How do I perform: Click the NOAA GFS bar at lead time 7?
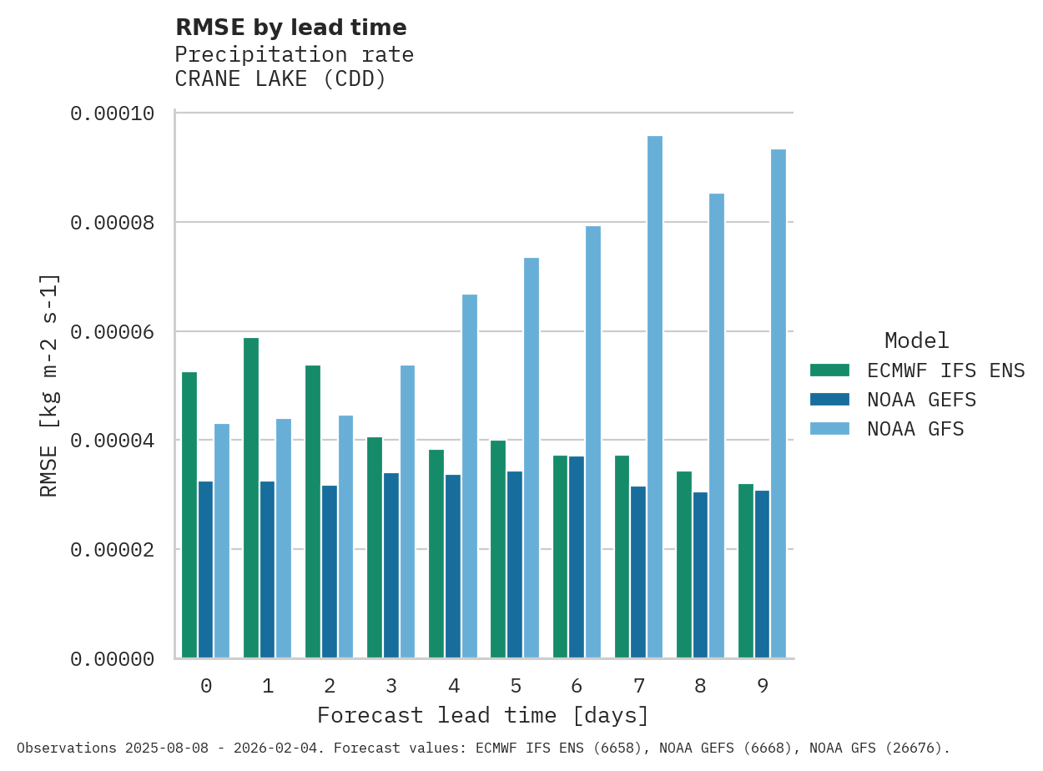[655, 397]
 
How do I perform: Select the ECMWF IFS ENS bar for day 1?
[251, 498]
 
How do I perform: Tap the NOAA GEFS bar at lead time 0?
[205, 570]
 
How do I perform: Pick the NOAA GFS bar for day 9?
[778, 404]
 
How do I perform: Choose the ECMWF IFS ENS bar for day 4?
[436, 554]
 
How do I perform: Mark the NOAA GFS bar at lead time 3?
[407, 511]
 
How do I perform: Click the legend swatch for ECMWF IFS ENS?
[829, 370]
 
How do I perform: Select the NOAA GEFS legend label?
[921, 400]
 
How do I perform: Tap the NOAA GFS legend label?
[915, 429]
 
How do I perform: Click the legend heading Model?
[916, 340]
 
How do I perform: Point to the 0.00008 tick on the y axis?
[113, 223]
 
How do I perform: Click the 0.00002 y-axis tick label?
[113, 550]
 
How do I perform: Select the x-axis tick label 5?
[516, 686]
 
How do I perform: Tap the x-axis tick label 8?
[700, 686]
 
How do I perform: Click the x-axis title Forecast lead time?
[482, 715]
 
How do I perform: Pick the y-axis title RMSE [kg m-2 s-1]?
[49, 385]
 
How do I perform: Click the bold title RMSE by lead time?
[290, 28]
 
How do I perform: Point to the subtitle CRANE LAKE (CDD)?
[280, 79]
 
